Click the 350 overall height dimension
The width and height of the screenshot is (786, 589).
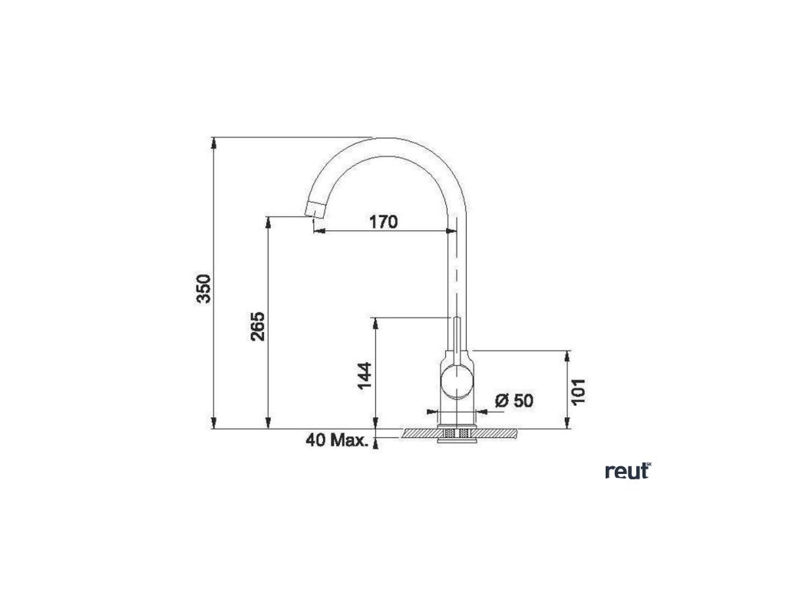tap(203, 288)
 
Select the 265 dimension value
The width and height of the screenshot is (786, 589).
tap(258, 327)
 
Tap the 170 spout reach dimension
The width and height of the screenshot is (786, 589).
tap(384, 222)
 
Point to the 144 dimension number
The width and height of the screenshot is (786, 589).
tap(365, 376)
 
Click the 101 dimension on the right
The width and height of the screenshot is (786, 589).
tap(578, 392)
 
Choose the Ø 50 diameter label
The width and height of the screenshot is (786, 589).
tap(514, 400)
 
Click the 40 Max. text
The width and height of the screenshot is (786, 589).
tap(336, 440)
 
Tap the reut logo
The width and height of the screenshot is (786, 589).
tap(628, 472)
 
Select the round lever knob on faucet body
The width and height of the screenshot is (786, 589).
tap(457, 381)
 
